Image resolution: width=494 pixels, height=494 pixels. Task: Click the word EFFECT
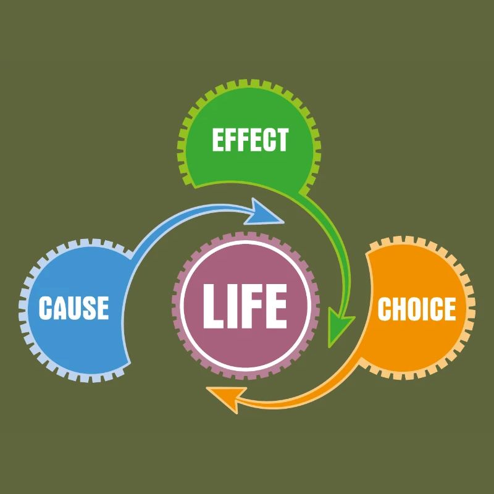click(250, 140)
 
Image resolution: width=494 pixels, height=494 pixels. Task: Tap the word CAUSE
click(73, 308)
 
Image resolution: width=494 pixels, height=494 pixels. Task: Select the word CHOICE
click(416, 309)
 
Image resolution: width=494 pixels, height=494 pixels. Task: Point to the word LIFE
click(245, 305)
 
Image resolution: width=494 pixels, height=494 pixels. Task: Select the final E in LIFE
click(275, 305)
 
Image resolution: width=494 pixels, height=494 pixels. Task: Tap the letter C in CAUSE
click(45, 308)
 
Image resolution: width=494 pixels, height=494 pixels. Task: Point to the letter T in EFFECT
click(282, 140)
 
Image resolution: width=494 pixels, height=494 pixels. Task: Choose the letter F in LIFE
click(252, 305)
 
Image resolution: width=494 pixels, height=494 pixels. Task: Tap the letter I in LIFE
click(234, 305)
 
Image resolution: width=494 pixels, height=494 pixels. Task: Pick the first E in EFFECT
click(218, 140)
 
